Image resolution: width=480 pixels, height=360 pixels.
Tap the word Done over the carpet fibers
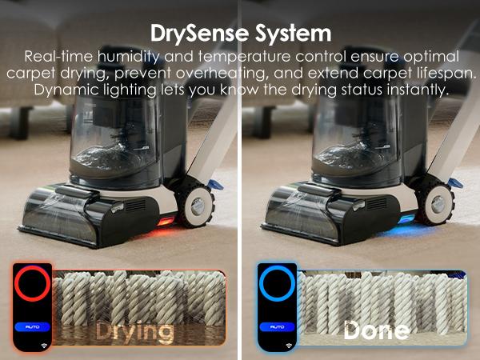tap(375, 330)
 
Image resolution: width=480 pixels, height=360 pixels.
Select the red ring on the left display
tap(32, 284)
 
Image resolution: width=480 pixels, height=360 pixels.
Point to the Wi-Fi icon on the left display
tap(33, 346)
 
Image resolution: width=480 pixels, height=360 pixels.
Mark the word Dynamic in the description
tap(67, 90)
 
